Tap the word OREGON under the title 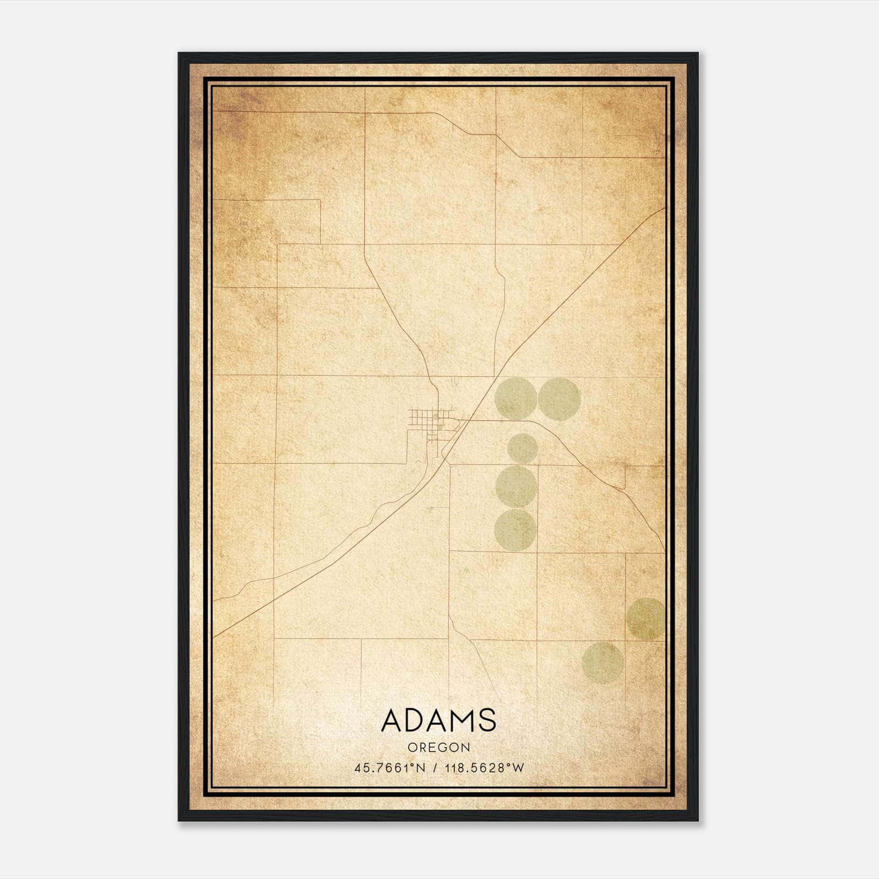(x=439, y=747)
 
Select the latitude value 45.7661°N (x=390, y=768)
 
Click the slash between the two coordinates (x=435, y=768)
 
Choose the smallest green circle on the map (x=522, y=448)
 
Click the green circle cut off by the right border (x=646, y=619)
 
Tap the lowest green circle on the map (x=603, y=663)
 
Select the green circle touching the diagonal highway (x=516, y=398)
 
